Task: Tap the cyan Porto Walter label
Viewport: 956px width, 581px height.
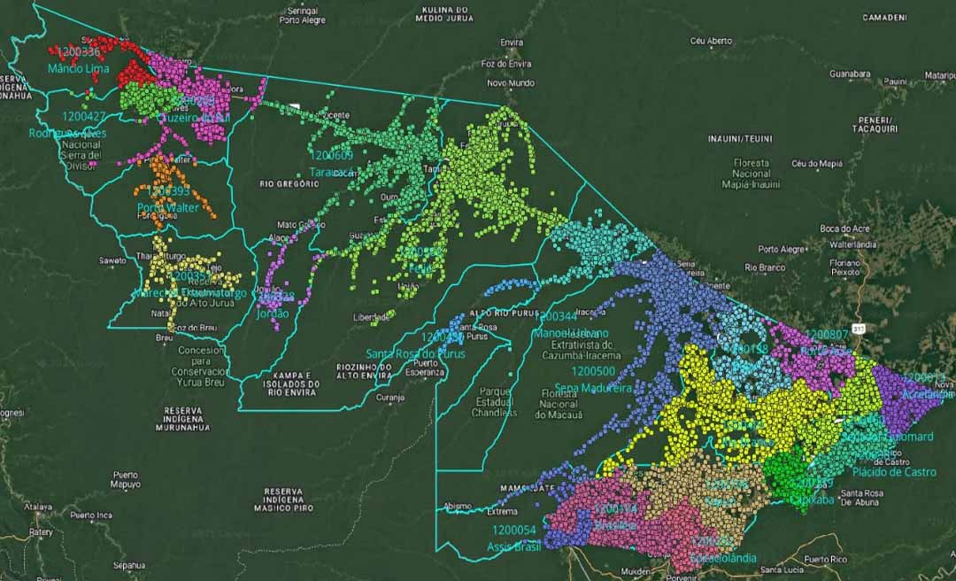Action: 167,207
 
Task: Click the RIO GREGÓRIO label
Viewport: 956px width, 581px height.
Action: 289,184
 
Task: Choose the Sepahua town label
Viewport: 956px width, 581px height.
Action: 128,564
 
